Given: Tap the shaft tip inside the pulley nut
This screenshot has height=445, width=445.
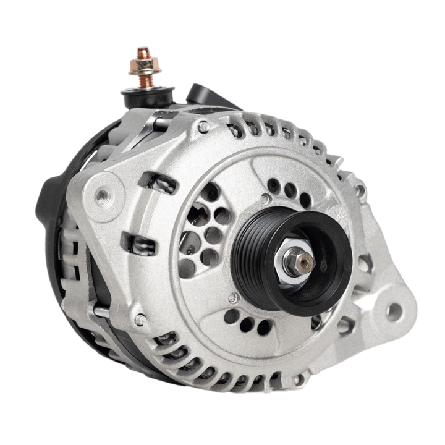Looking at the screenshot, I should [304, 263].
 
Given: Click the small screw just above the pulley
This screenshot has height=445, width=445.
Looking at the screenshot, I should [265, 199].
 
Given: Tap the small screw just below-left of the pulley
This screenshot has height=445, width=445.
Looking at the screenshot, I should [233, 298].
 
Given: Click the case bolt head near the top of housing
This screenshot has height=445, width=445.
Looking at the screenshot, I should [203, 127].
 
